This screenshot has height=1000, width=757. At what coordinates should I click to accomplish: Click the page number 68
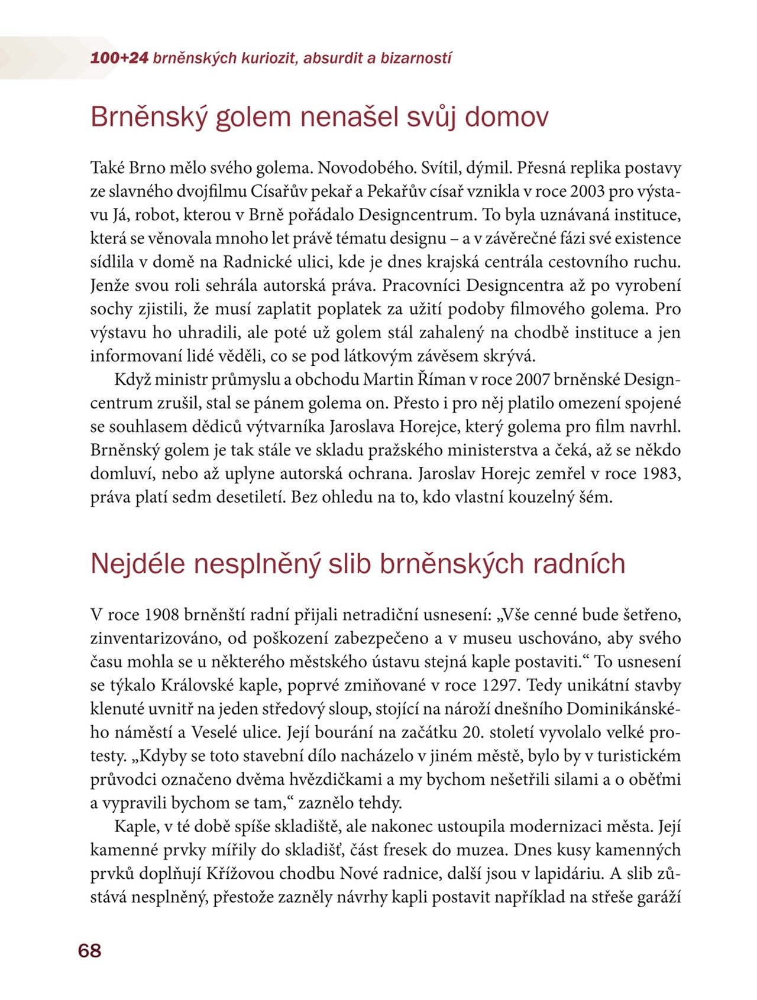89,950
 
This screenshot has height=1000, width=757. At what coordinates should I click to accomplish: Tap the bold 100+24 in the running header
119,59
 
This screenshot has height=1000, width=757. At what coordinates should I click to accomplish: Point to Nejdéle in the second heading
138,564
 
